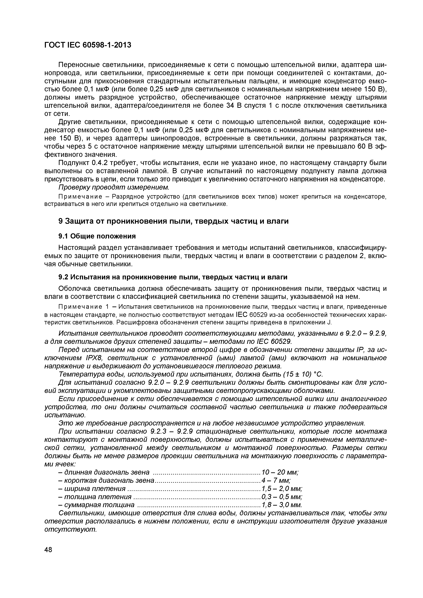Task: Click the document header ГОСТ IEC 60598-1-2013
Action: coord(88,45)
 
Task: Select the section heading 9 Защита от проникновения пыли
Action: coord(173,221)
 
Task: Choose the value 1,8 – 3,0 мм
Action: coord(281,505)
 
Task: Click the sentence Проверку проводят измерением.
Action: coord(114,187)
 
